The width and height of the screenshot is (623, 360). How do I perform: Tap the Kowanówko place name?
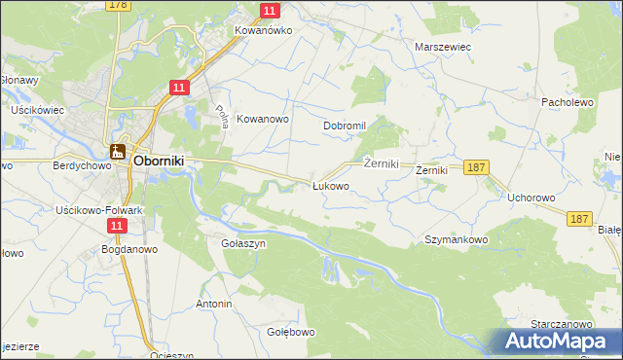(263, 30)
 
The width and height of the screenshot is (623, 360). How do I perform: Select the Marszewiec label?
(443, 46)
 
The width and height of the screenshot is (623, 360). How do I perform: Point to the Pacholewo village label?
(568, 101)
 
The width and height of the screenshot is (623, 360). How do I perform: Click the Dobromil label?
(345, 126)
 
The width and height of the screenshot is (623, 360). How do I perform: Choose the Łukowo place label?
(330, 186)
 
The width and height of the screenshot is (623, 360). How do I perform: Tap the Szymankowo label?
(456, 238)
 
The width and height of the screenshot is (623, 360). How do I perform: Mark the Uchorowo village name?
(531, 198)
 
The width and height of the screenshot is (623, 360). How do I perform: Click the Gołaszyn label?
(243, 244)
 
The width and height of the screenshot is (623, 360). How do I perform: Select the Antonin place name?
(214, 305)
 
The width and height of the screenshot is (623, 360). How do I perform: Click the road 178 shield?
(118, 5)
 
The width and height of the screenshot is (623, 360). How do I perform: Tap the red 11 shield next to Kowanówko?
(271, 11)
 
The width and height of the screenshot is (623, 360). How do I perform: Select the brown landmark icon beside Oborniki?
(118, 151)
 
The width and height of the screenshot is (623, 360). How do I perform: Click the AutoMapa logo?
(561, 342)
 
